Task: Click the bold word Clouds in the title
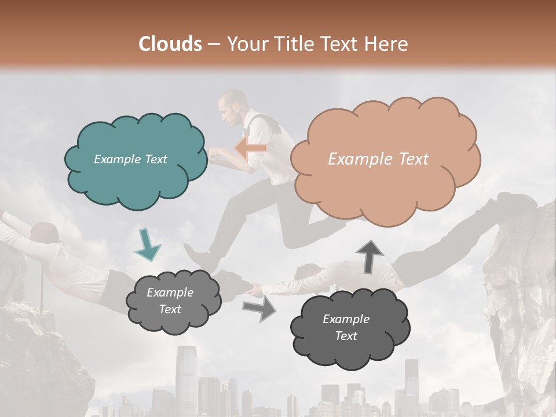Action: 170,44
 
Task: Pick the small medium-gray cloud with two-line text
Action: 173,301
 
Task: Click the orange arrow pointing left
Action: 250,149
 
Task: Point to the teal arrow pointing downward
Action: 147,244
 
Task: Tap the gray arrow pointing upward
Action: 369,256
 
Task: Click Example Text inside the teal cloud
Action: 130,159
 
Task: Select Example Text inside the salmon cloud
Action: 378,159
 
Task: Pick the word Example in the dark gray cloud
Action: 346,319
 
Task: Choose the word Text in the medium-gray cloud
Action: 170,309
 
